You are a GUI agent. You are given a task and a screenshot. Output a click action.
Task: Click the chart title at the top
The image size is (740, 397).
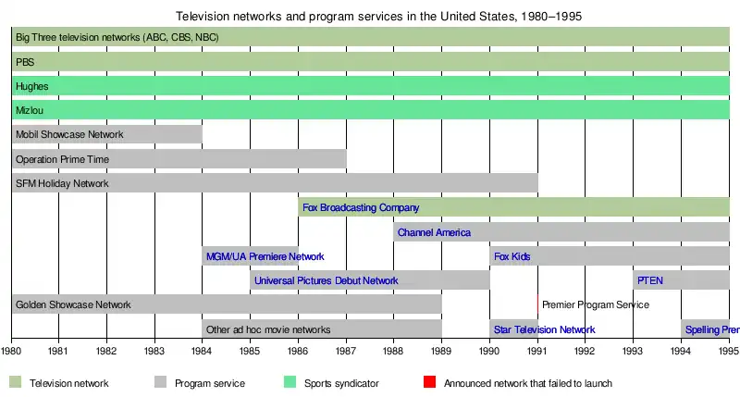click(378, 17)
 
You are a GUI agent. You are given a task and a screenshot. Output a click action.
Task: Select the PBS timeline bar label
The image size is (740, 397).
click(25, 62)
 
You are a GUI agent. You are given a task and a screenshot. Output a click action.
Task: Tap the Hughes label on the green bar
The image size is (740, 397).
click(32, 86)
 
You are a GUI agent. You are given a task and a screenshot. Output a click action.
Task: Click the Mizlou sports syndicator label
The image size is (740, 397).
click(31, 110)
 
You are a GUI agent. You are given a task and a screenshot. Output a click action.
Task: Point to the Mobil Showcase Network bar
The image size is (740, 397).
click(107, 134)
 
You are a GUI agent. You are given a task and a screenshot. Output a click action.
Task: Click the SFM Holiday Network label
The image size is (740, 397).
click(62, 183)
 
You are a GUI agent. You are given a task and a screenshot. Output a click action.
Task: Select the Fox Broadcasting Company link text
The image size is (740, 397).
click(361, 207)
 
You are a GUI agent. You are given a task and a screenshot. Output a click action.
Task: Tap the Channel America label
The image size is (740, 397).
click(434, 232)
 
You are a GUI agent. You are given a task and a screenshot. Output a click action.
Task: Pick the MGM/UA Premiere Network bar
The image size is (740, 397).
click(251, 256)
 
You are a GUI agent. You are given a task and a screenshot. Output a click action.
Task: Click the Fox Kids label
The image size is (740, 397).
click(512, 256)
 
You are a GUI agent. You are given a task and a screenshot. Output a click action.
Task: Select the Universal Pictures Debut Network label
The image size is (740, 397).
click(326, 280)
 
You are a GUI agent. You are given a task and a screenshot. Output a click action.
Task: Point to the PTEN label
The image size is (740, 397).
click(650, 280)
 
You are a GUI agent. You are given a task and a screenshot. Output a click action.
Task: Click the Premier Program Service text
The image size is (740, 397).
click(596, 304)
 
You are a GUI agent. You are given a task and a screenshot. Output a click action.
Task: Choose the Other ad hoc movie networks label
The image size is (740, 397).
click(268, 329)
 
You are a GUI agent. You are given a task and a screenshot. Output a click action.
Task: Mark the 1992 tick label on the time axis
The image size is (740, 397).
click(585, 352)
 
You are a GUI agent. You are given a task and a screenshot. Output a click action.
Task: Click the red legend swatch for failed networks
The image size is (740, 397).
click(428, 382)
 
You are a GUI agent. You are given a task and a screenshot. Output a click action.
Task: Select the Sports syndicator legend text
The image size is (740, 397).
click(341, 383)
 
